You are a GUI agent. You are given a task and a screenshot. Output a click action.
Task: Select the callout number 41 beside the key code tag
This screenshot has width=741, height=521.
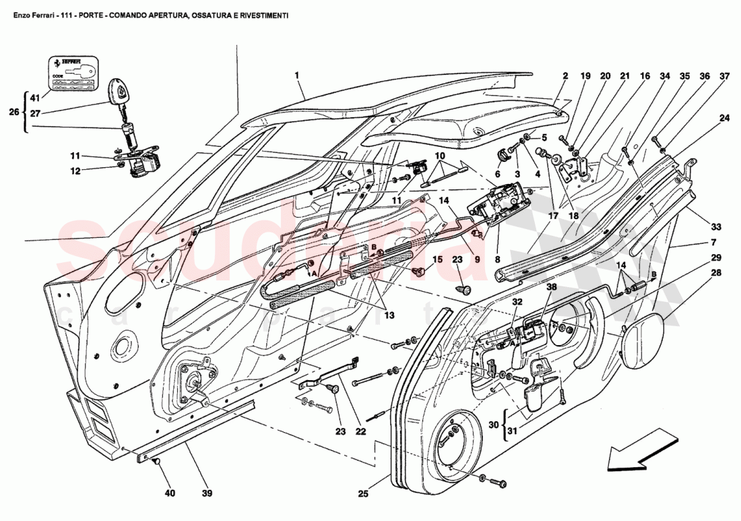[35, 98]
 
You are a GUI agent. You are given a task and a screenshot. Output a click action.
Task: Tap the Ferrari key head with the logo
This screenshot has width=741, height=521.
[119, 92]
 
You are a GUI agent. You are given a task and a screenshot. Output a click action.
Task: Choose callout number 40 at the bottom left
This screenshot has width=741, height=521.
[170, 493]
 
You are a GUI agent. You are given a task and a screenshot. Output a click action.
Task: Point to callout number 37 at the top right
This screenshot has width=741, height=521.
[725, 76]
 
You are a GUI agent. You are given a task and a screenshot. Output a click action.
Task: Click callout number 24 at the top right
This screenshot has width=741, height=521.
[725, 118]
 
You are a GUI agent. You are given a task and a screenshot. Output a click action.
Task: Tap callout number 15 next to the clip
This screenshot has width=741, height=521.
[437, 259]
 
